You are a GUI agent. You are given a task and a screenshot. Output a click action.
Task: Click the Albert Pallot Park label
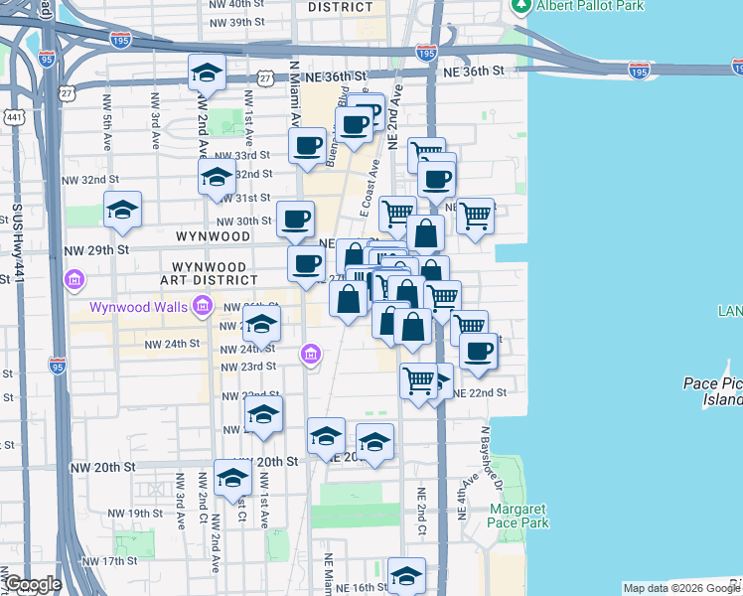point(590,6)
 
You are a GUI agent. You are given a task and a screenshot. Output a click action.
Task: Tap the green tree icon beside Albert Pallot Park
point(520,5)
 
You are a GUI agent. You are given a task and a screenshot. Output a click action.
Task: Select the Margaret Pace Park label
point(519,516)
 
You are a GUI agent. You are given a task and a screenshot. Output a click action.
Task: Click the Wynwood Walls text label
point(137,306)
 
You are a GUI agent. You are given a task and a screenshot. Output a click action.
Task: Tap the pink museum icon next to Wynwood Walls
point(202,305)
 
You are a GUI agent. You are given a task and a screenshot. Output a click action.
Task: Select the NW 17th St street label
point(108,561)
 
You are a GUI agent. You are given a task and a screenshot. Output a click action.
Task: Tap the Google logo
point(33,584)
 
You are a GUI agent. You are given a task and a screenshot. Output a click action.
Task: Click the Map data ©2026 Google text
point(680,588)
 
